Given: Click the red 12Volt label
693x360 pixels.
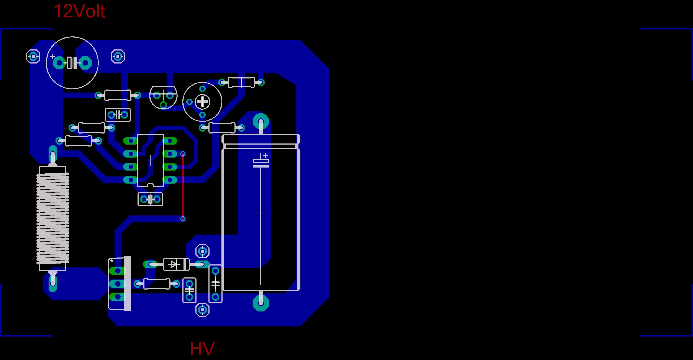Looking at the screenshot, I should pyautogui.click(x=79, y=11).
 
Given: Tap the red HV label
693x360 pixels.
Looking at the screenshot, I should pyautogui.click(x=202, y=349).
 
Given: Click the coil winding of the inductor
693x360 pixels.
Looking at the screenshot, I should pyautogui.click(x=53, y=218).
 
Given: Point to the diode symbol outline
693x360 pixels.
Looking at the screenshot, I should pyautogui.click(x=176, y=264).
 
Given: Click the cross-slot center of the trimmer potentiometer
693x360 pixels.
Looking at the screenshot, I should pyautogui.click(x=202, y=102).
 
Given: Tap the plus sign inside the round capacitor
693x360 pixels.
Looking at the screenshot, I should pyautogui.click(x=53, y=57).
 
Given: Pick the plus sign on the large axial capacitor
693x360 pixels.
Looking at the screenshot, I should pyautogui.click(x=265, y=156).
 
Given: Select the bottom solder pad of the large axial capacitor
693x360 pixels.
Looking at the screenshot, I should pyautogui.click(x=261, y=303).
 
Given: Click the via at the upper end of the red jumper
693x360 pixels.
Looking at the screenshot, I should pyautogui.click(x=183, y=154).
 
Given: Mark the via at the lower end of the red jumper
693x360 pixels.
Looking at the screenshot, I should pyautogui.click(x=183, y=219).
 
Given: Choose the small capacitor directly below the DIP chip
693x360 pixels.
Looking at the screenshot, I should pyautogui.click(x=150, y=199).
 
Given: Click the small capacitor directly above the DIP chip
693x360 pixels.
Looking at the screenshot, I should pyautogui.click(x=118, y=115).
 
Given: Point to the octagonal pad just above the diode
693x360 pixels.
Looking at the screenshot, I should pyautogui.click(x=202, y=252).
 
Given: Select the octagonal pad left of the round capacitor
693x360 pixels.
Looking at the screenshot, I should pyautogui.click(x=33, y=57).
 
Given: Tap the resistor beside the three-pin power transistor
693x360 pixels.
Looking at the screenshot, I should pyautogui.click(x=157, y=284).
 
